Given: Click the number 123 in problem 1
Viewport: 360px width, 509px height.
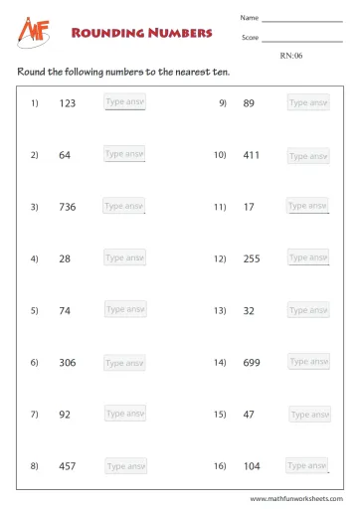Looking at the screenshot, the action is (68, 102).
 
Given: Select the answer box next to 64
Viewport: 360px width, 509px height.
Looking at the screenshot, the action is (125, 154).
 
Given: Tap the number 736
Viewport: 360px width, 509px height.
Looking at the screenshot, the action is (68, 207).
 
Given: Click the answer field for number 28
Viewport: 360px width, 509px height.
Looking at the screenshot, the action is (125, 257).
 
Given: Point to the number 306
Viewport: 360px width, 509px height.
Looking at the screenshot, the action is (68, 363).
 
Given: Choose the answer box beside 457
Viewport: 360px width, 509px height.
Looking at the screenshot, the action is (125, 465).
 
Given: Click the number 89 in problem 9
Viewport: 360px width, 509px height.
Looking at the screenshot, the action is (249, 102).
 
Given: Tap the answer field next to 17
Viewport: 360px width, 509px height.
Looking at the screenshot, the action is (307, 206).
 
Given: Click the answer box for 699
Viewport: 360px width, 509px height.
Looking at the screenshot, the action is (307, 362).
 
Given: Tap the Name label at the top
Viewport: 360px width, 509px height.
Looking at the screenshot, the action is (249, 18).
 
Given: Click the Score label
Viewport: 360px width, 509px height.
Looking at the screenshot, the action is (250, 38).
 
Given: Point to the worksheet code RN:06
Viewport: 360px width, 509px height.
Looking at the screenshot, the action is (292, 56).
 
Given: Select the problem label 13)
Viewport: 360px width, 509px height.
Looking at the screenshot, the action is (220, 310).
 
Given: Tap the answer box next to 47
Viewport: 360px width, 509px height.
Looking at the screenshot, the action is (308, 414).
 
